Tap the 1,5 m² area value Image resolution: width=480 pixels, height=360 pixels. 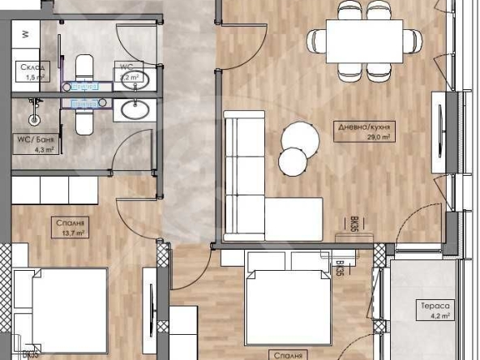33,78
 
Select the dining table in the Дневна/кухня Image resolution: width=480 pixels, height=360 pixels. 364,40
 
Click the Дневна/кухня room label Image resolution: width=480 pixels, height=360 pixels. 364,126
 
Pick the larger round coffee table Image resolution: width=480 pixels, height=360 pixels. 302,135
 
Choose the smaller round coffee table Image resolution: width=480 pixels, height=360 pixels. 291,161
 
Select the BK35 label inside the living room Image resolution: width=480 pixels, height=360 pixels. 354,225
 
